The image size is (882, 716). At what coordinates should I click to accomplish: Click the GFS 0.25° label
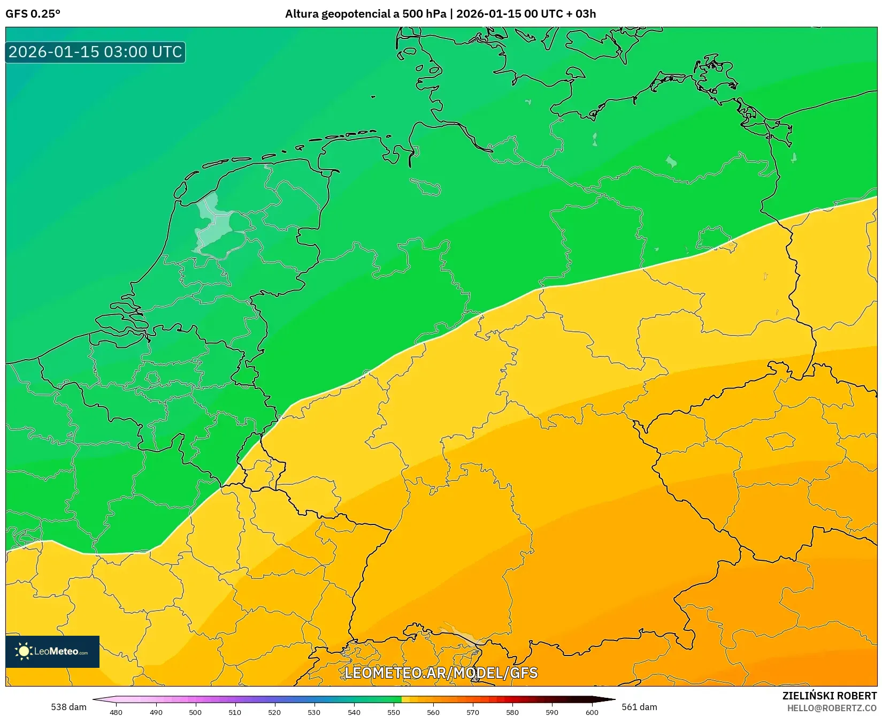tap(33, 14)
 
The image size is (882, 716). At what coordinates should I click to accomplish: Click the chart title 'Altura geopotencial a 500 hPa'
tap(365, 14)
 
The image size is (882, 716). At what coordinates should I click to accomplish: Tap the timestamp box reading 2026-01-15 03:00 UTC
tap(95, 52)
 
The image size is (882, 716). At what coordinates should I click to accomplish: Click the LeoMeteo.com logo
tap(52, 651)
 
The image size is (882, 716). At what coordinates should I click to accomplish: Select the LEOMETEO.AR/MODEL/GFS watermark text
tap(441, 673)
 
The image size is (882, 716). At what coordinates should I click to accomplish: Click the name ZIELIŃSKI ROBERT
tap(829, 696)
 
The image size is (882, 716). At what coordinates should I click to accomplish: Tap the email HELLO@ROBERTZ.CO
tap(832, 708)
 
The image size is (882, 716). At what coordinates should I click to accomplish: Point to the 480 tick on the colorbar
tap(116, 712)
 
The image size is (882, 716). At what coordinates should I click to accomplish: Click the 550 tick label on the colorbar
tap(394, 712)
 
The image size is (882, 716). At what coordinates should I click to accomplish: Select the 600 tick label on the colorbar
tap(592, 712)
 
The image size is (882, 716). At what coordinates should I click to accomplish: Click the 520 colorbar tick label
tap(274, 712)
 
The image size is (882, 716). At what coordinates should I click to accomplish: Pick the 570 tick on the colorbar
tap(473, 712)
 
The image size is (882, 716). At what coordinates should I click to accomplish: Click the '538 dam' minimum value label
tap(68, 707)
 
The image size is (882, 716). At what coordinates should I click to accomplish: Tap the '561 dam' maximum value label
tap(639, 707)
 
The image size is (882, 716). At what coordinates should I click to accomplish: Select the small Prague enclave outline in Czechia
tap(781, 441)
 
